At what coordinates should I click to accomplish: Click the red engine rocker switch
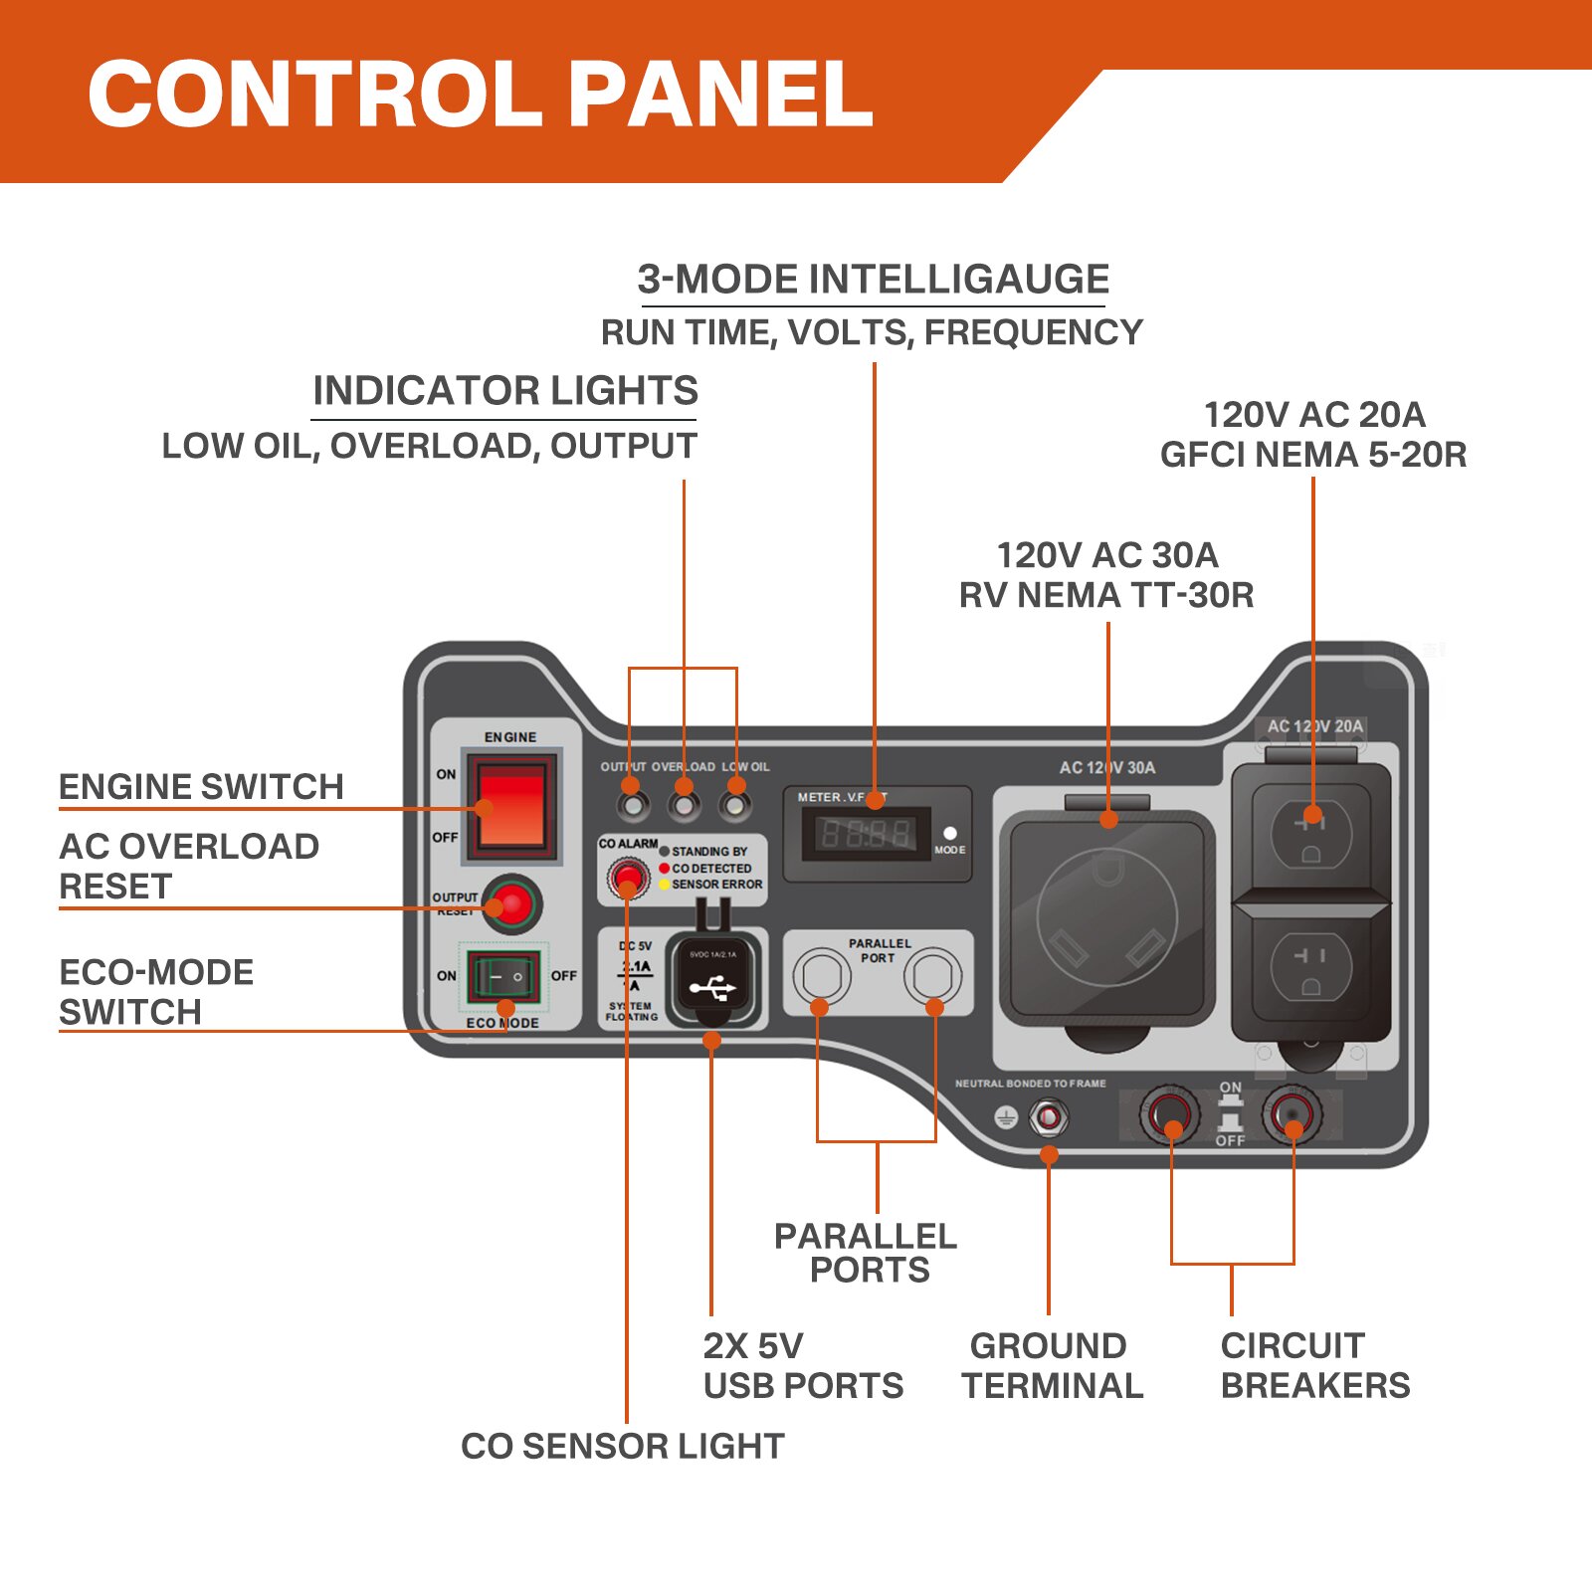[512, 807]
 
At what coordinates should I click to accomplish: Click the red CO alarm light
[628, 877]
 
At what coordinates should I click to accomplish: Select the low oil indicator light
[736, 802]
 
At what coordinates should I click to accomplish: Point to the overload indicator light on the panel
[684, 802]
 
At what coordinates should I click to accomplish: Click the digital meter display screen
[866, 833]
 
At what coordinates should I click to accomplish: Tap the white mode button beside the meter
[950, 834]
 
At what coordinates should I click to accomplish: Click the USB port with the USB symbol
[712, 986]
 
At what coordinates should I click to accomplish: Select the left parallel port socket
[821, 976]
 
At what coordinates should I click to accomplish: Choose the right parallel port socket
[932, 976]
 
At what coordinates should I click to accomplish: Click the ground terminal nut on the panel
[1048, 1117]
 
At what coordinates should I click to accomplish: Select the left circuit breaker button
[1170, 1113]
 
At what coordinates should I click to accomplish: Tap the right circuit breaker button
[1293, 1113]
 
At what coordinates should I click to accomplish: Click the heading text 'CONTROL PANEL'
[481, 95]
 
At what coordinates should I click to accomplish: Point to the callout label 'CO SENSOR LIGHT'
[623, 1446]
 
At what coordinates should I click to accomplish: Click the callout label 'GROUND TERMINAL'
[1052, 1365]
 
